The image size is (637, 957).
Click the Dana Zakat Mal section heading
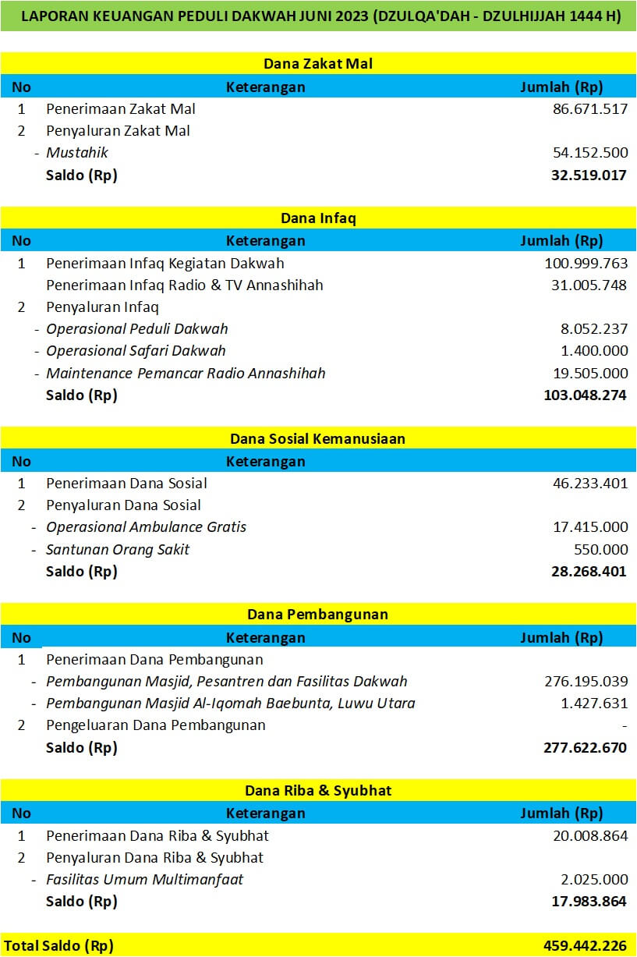click(318, 63)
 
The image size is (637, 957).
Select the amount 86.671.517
click(589, 109)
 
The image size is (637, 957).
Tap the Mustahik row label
click(77, 153)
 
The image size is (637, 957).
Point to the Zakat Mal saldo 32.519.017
click(589, 175)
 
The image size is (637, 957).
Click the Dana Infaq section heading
click(318, 218)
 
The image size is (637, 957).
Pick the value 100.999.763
click(586, 264)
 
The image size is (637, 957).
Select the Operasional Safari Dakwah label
click(136, 351)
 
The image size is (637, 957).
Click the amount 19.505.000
click(589, 373)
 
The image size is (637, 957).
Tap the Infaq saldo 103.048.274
click(585, 395)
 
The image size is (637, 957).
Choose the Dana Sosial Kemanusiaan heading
click(318, 438)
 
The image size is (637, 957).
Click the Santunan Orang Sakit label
click(118, 549)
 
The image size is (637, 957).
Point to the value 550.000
click(600, 549)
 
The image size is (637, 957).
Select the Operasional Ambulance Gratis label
click(146, 527)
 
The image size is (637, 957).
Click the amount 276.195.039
click(586, 682)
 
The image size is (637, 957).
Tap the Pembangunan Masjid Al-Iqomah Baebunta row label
click(230, 704)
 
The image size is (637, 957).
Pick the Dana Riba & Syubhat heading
click(318, 791)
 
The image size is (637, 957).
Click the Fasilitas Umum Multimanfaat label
click(145, 880)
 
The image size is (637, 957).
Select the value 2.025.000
click(594, 880)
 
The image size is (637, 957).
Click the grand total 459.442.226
click(585, 946)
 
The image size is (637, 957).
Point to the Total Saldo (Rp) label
click(58, 946)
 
